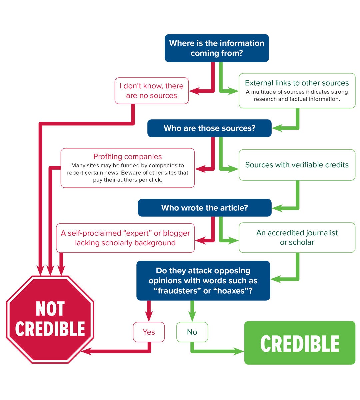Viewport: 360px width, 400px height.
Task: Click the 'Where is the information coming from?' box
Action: [x=217, y=48]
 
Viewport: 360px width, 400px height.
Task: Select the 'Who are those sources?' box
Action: [x=209, y=128]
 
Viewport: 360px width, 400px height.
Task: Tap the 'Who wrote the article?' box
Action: [x=205, y=208]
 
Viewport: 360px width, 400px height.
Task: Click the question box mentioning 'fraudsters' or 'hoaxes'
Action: [x=203, y=281]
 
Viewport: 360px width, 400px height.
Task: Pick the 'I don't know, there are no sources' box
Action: [x=152, y=91]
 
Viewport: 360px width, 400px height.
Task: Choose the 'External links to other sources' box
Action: [x=297, y=91]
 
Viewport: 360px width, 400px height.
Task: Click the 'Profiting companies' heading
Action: [x=127, y=157]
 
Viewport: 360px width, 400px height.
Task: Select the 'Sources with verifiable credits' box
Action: [x=297, y=165]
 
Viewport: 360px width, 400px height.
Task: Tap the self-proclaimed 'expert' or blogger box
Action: [x=125, y=238]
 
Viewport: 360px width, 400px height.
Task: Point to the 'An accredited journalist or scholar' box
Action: [x=297, y=238]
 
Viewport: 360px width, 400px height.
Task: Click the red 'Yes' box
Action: [x=149, y=332]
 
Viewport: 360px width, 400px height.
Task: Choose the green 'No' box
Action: [x=192, y=332]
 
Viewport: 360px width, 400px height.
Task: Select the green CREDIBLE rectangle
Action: [x=300, y=343]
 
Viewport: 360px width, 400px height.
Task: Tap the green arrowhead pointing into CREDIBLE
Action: [x=239, y=351]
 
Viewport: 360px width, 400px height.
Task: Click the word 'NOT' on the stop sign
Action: [x=50, y=309]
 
